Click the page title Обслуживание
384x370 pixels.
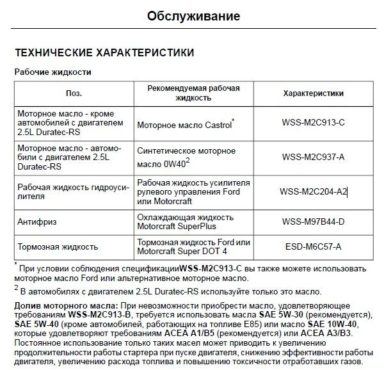coord(193,15)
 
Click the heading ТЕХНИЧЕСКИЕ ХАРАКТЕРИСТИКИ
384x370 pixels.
coord(104,52)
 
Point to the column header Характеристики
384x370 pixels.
coord(313,93)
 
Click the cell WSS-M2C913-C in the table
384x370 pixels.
coord(313,122)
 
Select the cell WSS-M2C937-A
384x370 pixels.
coord(313,156)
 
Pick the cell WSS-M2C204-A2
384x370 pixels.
coord(313,191)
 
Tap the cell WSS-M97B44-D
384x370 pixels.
coord(313,221)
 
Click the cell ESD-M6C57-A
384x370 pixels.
coord(313,246)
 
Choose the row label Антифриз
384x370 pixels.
coord(36,221)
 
